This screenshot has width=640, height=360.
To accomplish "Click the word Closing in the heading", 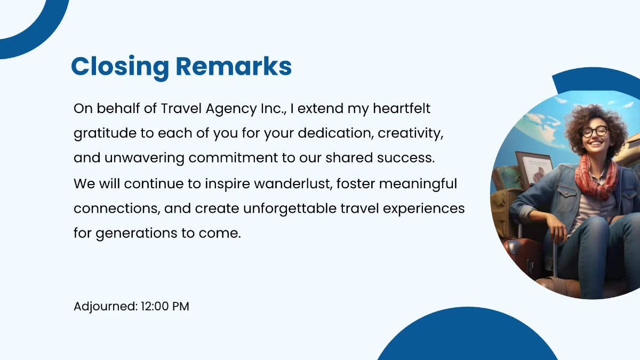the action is click(x=120, y=67).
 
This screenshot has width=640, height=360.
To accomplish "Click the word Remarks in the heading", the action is click(x=234, y=66).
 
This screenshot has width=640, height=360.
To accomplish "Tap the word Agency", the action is click(x=231, y=110).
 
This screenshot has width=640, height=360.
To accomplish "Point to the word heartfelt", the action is click(x=402, y=108).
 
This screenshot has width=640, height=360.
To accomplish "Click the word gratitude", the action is click(x=105, y=134).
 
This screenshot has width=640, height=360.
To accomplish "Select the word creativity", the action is click(x=411, y=134).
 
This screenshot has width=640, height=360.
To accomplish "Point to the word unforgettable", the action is click(x=290, y=209).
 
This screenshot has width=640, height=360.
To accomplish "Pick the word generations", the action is click(x=137, y=234).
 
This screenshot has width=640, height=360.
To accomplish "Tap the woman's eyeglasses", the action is click(x=595, y=131).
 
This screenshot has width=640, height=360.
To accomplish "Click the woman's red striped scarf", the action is click(x=596, y=177).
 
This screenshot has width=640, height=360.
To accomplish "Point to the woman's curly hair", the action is click(x=594, y=120).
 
